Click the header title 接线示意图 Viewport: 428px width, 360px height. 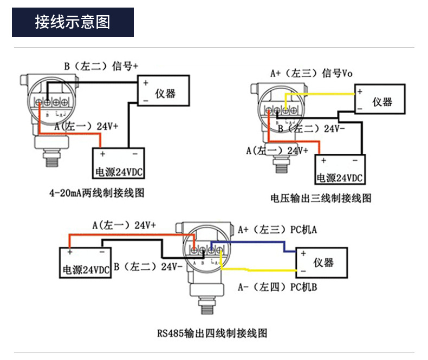[73, 22]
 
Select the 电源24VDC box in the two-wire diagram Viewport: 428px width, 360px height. [119, 163]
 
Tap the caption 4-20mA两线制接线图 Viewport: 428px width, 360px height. [98, 193]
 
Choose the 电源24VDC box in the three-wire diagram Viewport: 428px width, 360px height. [340, 170]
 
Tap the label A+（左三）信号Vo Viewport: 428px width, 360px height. [312, 73]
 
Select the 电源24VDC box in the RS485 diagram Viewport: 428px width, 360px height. [85, 263]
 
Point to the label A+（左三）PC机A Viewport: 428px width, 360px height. [277, 230]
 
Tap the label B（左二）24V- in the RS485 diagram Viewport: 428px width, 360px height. [146, 267]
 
